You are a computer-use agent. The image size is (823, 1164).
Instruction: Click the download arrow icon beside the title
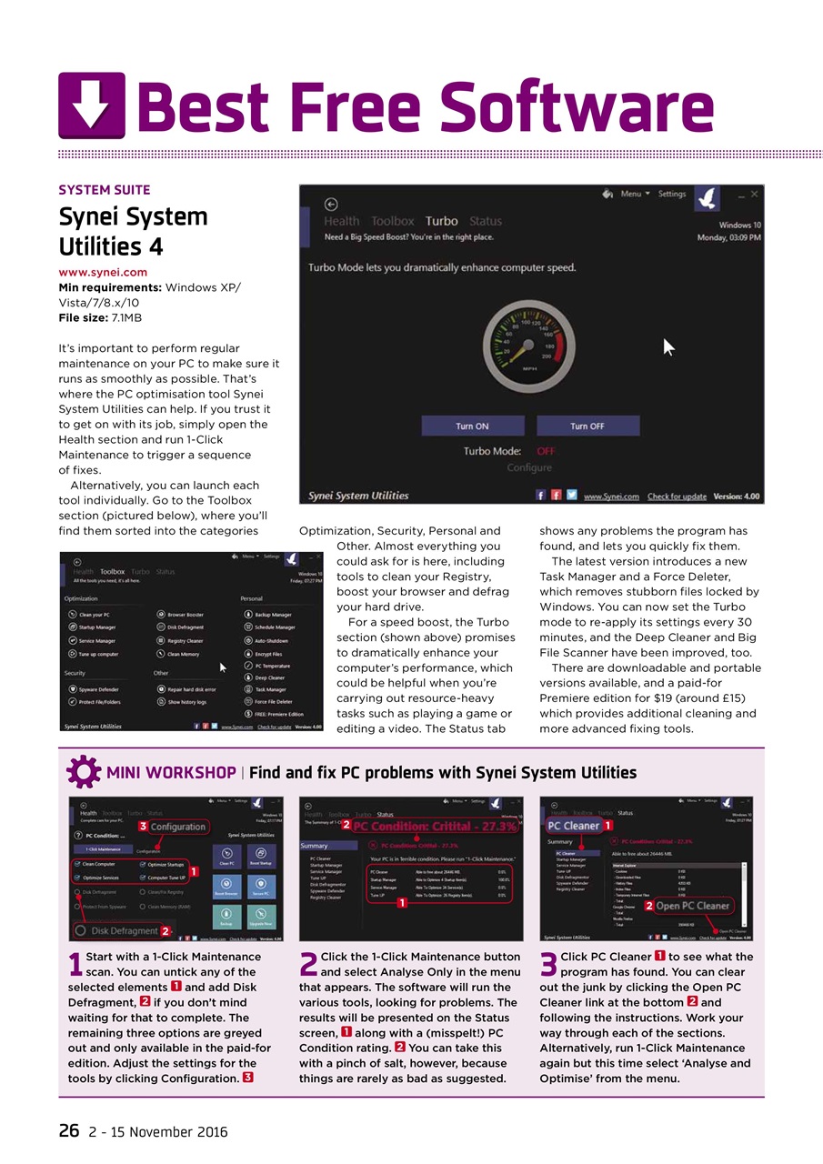pos(92,105)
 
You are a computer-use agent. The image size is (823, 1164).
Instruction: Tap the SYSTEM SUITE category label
pos(105,190)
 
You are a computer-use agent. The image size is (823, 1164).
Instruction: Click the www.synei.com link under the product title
pos(103,272)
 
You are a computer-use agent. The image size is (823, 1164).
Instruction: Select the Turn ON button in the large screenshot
pos(472,426)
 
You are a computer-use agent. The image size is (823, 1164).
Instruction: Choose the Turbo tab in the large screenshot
pos(441,221)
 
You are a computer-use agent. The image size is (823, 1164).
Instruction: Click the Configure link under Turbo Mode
pos(529,467)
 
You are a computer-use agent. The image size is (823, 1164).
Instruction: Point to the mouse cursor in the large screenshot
pos(669,347)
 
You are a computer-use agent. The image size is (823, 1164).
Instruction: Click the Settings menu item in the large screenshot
pos(671,194)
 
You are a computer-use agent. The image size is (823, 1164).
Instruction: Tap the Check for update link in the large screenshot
pos(677,497)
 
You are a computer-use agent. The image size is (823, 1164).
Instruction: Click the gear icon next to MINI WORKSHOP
pos(84,772)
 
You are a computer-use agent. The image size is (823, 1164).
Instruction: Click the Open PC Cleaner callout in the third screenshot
pos(692,906)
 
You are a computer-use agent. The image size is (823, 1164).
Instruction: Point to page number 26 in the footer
pos(69,1131)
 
